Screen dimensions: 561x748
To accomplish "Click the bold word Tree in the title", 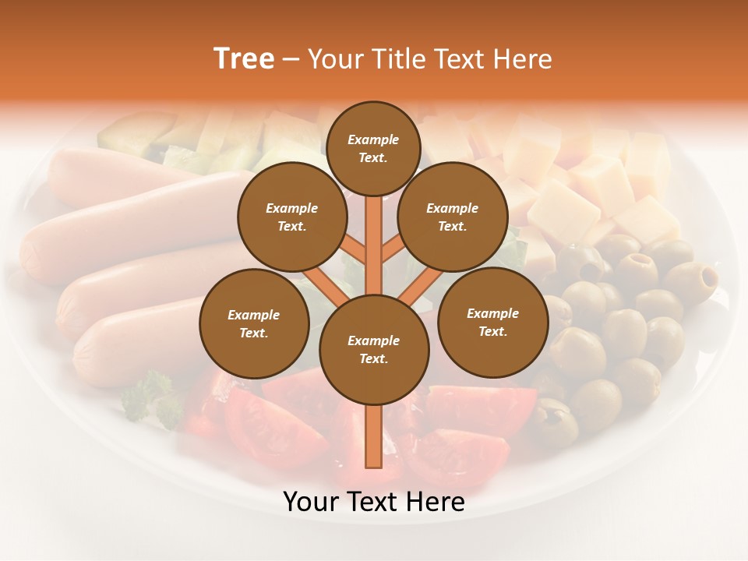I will pyautogui.click(x=244, y=59).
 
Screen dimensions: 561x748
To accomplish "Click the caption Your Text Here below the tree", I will pyautogui.click(x=374, y=502).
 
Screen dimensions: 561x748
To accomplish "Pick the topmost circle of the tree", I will pyautogui.click(x=373, y=148).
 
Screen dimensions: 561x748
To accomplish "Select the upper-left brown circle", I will pyautogui.click(x=292, y=217).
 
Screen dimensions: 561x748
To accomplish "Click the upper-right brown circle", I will pyautogui.click(x=453, y=217).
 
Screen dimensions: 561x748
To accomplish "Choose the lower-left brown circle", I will pyautogui.click(x=254, y=323).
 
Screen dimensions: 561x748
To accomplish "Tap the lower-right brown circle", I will pyautogui.click(x=492, y=322).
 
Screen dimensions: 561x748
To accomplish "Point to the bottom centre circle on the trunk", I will pyautogui.click(x=374, y=350).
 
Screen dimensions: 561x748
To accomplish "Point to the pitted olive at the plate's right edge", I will pyautogui.click(x=692, y=279).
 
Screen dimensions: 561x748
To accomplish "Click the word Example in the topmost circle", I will pyautogui.click(x=373, y=140).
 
